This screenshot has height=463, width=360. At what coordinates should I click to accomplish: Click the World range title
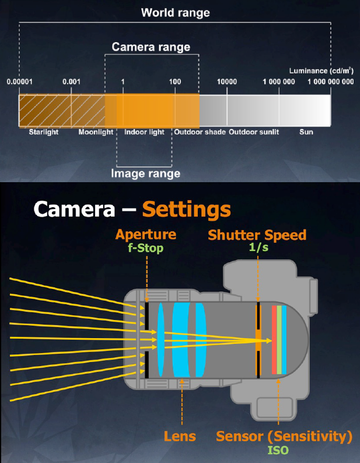[175, 13]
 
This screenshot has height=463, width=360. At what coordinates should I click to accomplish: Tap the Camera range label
[151, 47]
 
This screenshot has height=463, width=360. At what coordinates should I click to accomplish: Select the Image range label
[145, 173]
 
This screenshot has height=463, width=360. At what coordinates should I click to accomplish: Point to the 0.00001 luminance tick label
[20, 82]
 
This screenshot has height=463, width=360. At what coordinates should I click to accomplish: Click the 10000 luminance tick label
[227, 82]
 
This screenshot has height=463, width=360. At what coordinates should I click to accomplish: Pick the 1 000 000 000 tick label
[330, 82]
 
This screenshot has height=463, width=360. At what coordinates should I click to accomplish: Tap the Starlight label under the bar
[44, 132]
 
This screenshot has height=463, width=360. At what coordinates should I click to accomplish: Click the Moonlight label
[96, 132]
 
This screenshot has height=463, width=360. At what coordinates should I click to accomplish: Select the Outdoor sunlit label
[254, 132]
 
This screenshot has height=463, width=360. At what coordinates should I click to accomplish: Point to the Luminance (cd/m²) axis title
[321, 71]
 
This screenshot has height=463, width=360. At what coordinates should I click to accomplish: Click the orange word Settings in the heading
[187, 209]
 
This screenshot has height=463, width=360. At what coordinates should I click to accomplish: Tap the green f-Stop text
[146, 248]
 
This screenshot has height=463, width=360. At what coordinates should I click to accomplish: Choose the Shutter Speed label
[257, 235]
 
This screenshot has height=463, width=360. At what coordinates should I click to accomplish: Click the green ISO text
[278, 450]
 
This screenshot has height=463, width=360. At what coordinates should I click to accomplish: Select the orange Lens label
[180, 436]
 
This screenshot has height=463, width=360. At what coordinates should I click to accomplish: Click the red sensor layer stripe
[274, 340]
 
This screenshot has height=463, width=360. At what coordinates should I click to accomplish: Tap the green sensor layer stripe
[279, 340]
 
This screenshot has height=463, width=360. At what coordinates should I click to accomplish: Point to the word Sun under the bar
[306, 132]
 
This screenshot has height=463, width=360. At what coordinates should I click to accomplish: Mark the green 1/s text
[259, 248]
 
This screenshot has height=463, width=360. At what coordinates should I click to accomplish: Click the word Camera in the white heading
[74, 209]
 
